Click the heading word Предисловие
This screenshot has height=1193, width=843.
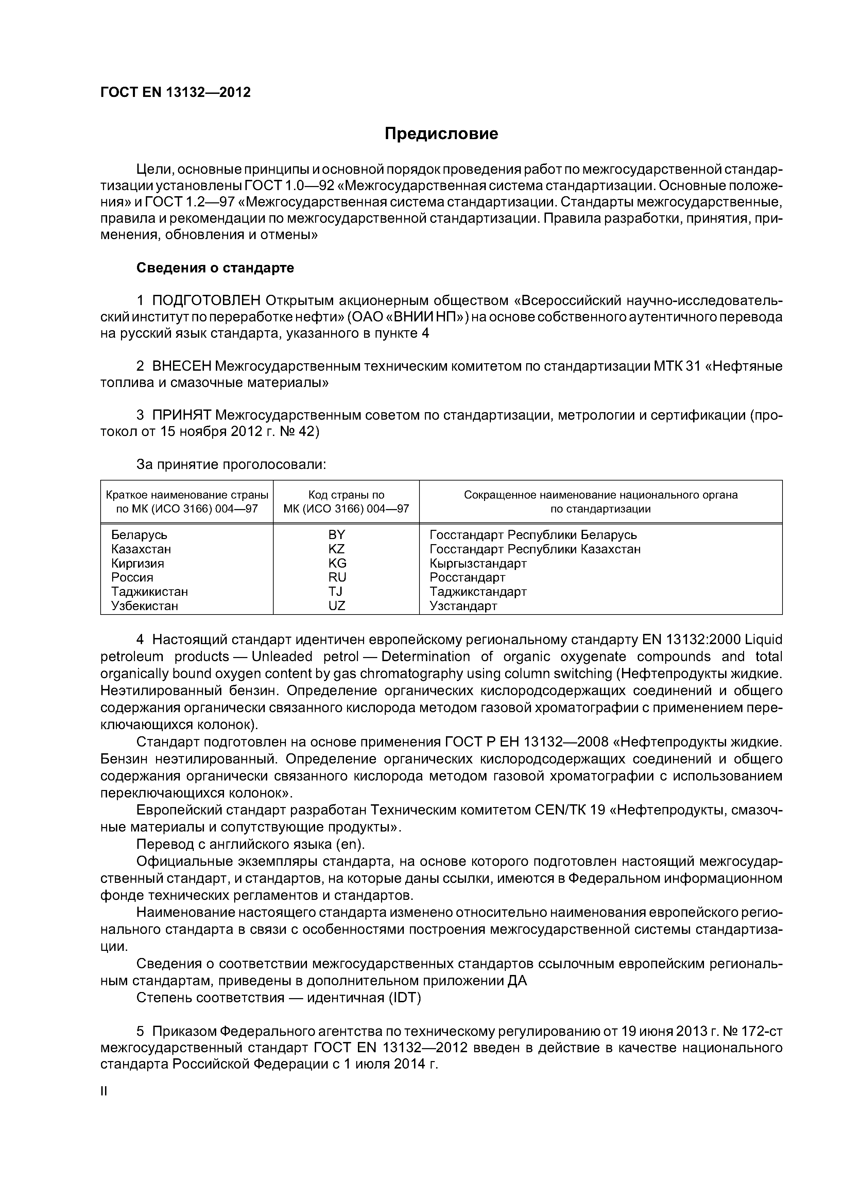pyautogui.click(x=441, y=134)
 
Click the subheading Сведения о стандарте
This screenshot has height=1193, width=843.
pyautogui.click(x=215, y=268)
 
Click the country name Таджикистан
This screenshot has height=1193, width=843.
pyautogui.click(x=150, y=591)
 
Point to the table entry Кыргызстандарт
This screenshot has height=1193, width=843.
pyautogui.click(x=478, y=563)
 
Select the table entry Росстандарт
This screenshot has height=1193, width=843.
pyautogui.click(x=467, y=577)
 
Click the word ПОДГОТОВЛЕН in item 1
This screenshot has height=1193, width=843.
pyautogui.click(x=206, y=300)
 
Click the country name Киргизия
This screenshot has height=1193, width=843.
pyautogui.click(x=138, y=563)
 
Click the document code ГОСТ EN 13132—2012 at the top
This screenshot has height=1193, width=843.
pyautogui.click(x=175, y=92)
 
